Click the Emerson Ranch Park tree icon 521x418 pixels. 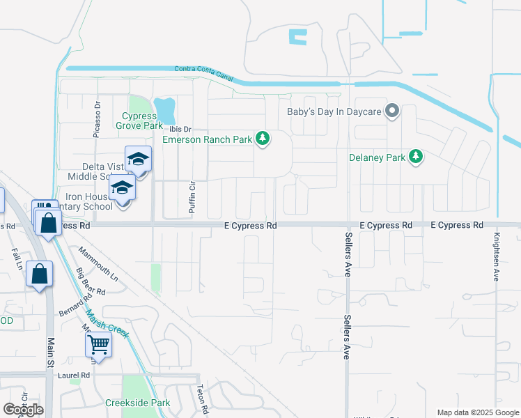pos(263,139)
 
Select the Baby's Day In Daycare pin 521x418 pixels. pos(393,111)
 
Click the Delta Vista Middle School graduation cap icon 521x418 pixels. pos(138,160)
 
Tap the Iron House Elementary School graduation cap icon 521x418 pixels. pos(122,188)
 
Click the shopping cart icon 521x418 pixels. pos(98,343)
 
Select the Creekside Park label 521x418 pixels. pos(137,403)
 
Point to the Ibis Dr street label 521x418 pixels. pos(180,128)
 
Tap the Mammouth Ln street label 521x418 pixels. pos(98,264)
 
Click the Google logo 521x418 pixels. pos(23,410)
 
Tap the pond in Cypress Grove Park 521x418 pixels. pos(165,110)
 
